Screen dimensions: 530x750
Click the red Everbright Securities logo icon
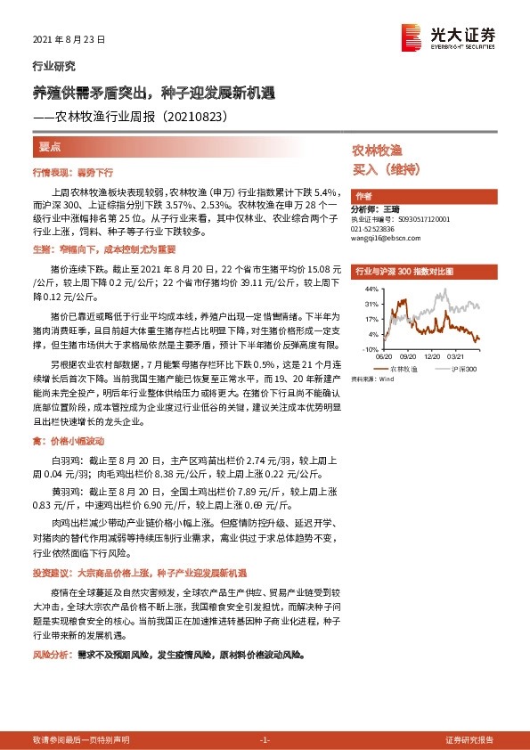[411, 37]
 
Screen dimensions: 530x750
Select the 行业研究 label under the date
[53, 66]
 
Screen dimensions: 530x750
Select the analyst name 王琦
[392, 208]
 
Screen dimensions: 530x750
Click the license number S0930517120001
[416, 218]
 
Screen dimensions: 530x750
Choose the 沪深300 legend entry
[463, 367]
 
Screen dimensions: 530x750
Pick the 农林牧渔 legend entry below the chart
[403, 367]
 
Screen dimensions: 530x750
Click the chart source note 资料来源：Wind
[372, 379]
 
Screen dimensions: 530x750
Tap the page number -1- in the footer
[264, 740]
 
